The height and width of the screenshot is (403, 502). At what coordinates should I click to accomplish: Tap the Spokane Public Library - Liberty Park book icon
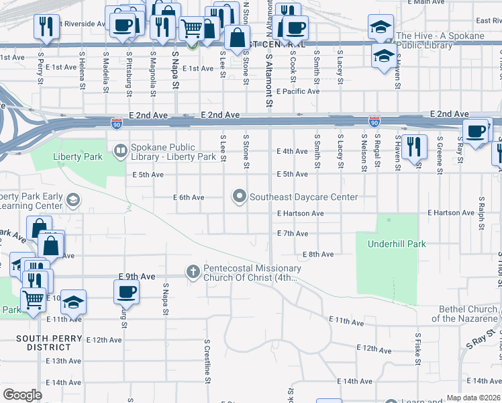pos(121,150)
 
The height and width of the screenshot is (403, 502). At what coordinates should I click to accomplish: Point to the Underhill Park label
pos(396,244)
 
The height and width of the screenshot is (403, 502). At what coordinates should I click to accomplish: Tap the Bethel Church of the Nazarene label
pos(466,314)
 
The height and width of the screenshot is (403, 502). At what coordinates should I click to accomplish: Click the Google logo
pos(22,395)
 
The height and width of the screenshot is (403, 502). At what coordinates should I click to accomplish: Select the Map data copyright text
pos(473,398)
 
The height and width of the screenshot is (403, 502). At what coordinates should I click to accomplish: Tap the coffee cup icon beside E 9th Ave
pos(126,292)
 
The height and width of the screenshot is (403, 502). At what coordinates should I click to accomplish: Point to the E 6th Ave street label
pos(188,197)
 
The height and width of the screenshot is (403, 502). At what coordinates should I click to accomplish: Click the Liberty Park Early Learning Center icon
pos(73,199)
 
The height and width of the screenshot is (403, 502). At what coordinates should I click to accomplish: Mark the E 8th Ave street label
pos(318,255)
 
